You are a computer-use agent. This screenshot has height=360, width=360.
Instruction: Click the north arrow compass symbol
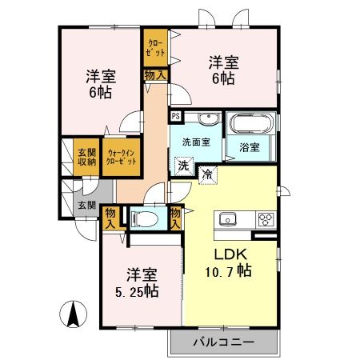(73, 314)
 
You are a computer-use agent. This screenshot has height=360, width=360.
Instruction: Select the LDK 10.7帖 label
(231, 262)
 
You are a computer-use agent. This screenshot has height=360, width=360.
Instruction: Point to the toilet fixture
(144, 218)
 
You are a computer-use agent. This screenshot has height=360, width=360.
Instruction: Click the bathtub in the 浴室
(250, 125)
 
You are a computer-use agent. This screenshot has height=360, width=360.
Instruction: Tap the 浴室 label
(250, 147)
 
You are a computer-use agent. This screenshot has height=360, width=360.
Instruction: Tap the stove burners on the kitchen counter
(265, 219)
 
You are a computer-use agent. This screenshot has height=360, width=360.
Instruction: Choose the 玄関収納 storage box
(85, 158)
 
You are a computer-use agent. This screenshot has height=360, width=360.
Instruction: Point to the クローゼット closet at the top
(155, 48)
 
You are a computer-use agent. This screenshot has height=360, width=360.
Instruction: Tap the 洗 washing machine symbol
(184, 166)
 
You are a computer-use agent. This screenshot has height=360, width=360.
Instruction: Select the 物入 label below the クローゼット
(155, 75)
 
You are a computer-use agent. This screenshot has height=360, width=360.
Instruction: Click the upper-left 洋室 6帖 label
(101, 84)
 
